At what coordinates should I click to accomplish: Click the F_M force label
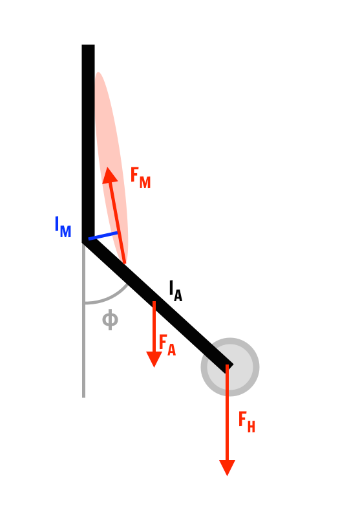point(140,178)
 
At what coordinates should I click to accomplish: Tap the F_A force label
point(167,345)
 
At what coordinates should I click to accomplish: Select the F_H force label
point(247,422)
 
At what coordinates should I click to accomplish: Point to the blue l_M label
point(63,227)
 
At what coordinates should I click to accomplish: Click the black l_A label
point(175,291)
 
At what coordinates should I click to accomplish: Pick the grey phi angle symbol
point(110,319)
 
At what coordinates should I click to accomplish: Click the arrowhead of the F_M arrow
point(109,174)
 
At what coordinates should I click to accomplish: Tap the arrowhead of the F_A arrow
point(154,359)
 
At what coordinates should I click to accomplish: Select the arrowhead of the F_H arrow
point(227,468)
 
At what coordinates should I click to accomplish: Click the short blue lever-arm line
point(103,236)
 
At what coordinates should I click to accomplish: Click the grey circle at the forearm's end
point(230,367)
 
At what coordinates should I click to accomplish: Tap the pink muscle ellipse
point(111,168)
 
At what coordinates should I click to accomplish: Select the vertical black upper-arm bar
point(88,142)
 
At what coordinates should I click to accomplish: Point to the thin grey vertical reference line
point(84,320)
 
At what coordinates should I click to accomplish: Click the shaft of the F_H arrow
point(227,412)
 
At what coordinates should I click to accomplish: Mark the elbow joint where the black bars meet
point(88,239)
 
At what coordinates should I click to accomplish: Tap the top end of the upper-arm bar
point(88,45)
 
